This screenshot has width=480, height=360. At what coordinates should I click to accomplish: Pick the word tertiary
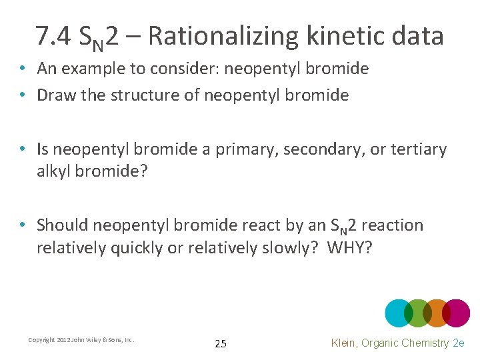click(x=419, y=149)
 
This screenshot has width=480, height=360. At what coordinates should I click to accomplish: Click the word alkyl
click(x=54, y=172)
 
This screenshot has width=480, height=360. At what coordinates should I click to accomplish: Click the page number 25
click(x=221, y=344)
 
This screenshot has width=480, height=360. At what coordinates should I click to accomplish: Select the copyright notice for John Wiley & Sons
click(x=81, y=340)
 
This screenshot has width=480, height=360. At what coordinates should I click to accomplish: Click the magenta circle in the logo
click(x=456, y=313)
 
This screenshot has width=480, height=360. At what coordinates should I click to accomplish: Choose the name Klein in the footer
click(x=345, y=343)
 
